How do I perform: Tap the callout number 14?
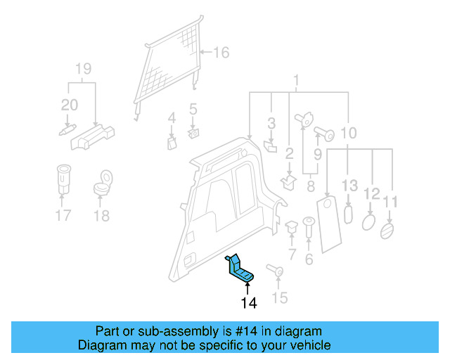coord(248,303)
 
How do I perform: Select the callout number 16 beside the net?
coord(221,53)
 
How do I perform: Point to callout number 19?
coord(83,69)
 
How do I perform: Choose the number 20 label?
coord(69,105)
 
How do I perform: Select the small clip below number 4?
coord(171,143)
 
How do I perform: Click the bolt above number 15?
coord(274,271)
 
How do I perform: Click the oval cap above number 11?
coord(387,231)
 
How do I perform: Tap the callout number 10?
coord(349,132)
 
